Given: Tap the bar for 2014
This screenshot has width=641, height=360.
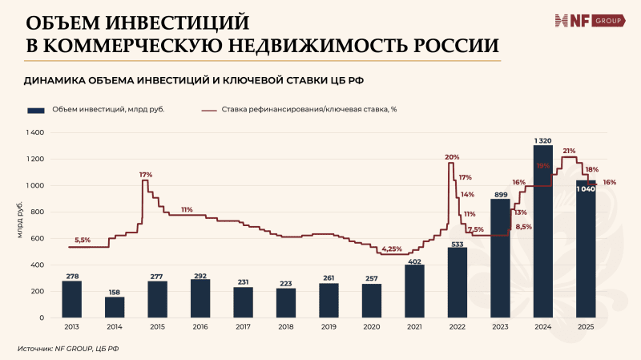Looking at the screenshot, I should click(x=115, y=307).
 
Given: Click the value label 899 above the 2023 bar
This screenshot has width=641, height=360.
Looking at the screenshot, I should click(x=499, y=194).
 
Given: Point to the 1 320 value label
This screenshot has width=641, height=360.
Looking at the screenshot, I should click(x=542, y=140).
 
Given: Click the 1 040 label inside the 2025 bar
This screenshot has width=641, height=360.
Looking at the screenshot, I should click(x=585, y=189).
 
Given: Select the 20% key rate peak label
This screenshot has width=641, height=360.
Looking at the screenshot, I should click(x=452, y=157).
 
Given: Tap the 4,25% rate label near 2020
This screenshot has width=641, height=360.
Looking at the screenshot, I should click(x=392, y=249).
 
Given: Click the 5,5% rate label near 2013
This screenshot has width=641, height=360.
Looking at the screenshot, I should click(x=83, y=240).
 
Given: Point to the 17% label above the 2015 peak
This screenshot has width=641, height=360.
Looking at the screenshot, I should click(x=145, y=174).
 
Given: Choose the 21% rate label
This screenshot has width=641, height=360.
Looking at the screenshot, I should click(x=569, y=151).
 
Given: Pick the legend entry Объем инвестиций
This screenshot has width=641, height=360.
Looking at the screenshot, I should click(x=96, y=110).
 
